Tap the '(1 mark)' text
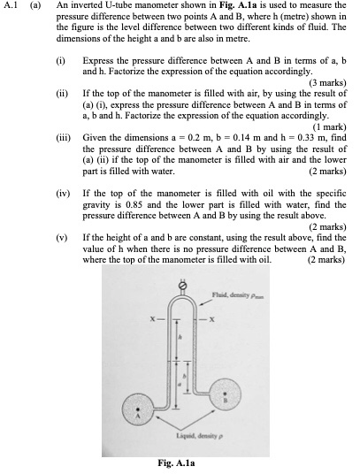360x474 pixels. point(327,127)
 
